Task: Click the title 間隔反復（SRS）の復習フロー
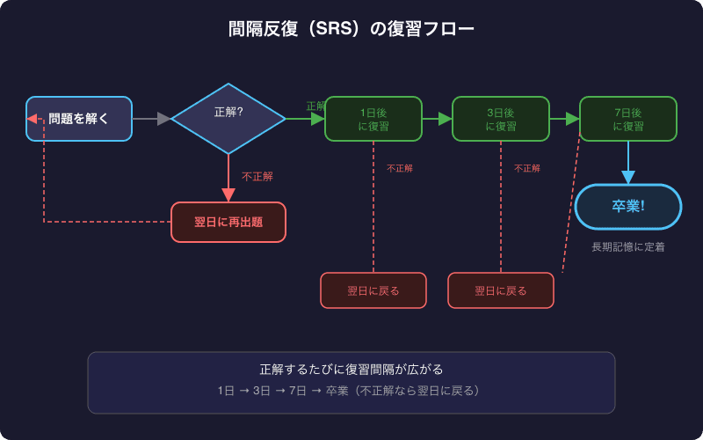[351, 29]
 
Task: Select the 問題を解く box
[79, 119]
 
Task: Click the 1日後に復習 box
[373, 119]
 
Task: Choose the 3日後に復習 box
[501, 119]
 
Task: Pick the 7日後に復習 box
[628, 119]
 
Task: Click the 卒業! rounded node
[628, 207]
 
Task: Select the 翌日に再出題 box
[228, 222]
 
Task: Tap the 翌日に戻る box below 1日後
[373, 290]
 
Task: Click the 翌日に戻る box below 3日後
[501, 290]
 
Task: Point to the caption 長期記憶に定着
[628, 247]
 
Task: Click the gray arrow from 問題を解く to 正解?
[151, 119]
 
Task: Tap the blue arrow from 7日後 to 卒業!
[628, 163]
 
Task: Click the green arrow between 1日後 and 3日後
[437, 119]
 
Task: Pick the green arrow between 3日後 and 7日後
[564, 119]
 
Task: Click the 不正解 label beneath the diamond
[257, 176]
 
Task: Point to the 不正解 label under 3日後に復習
[527, 168]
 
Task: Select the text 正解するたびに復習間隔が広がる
[351, 370]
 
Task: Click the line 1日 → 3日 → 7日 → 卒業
[351, 390]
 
